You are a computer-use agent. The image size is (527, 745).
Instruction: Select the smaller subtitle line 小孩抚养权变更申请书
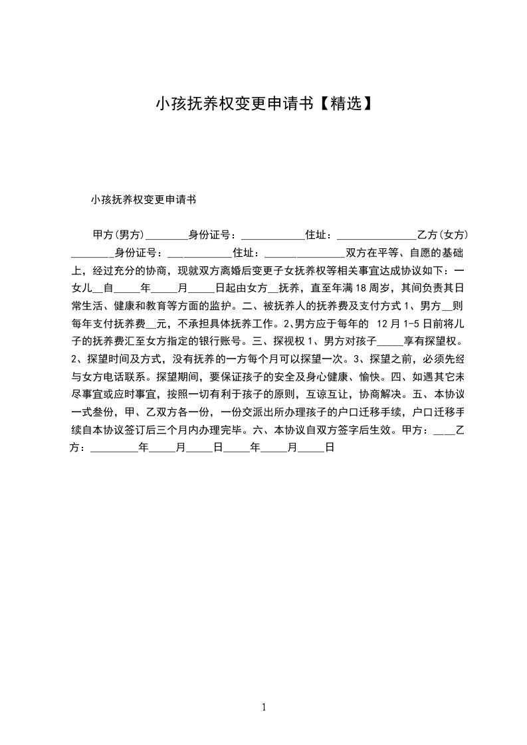coord(144,199)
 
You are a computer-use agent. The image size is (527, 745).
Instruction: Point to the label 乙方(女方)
coord(443,235)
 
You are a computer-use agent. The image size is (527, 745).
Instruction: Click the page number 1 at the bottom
coord(264,707)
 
